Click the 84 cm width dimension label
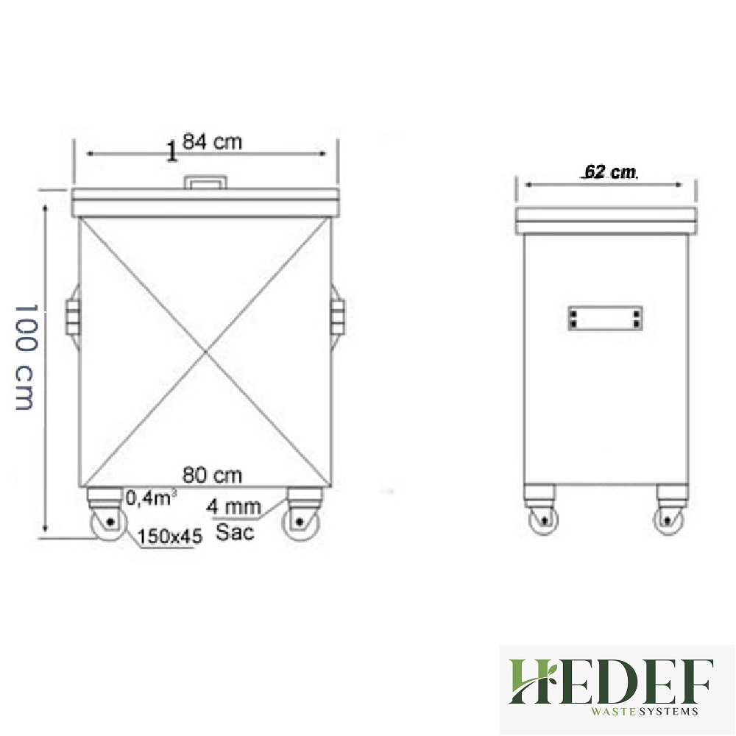212,142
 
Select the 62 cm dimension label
609,172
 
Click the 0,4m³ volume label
150,498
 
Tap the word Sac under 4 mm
236,532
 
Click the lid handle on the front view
205,182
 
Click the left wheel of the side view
542,520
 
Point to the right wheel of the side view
669,520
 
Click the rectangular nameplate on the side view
605,318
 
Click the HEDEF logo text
611,682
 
